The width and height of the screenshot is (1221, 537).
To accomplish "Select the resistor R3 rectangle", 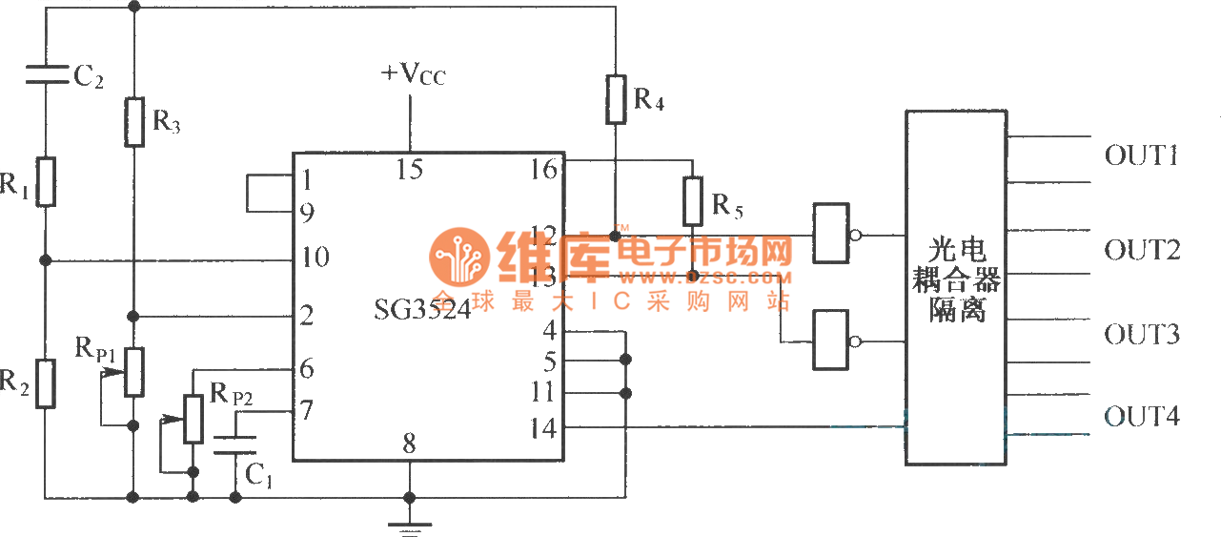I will [134, 121].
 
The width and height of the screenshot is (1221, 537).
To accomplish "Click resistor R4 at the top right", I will [616, 99].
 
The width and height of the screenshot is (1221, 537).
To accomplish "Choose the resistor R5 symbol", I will [693, 200].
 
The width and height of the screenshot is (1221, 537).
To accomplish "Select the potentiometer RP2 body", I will [193, 419].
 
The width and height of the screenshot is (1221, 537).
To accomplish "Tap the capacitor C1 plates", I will [234, 445].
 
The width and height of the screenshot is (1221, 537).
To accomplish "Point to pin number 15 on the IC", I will [410, 169].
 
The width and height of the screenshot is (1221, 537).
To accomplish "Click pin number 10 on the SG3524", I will [314, 258].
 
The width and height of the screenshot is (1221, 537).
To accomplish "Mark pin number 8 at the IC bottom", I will [409, 444].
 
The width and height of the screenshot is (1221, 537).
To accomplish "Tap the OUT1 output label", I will [1141, 155].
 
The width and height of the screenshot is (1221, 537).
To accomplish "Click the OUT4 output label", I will [1141, 417].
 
